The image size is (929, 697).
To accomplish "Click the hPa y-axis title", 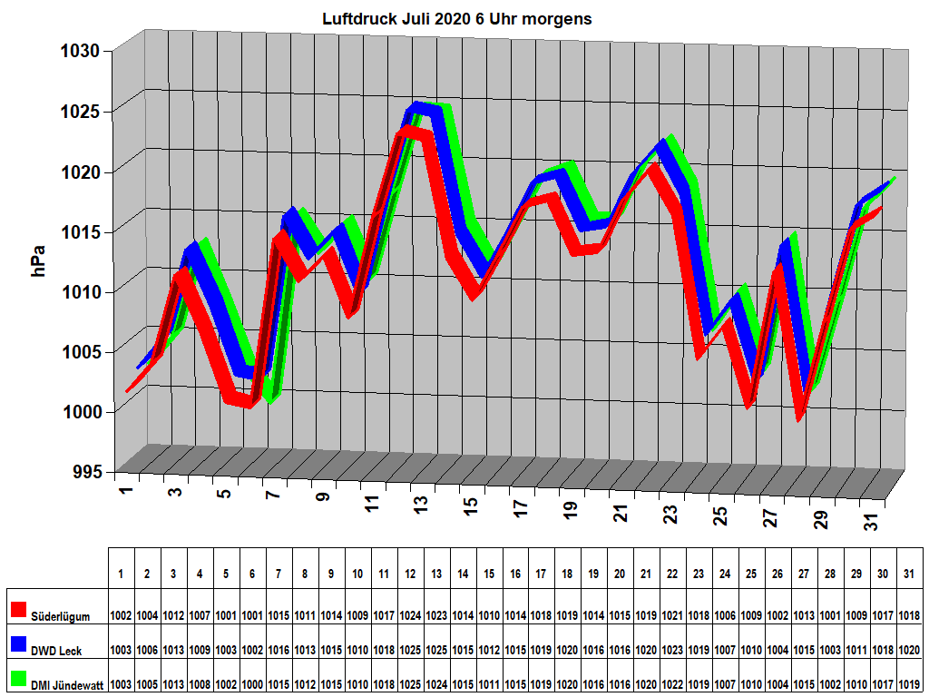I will pyautogui.click(x=39, y=260).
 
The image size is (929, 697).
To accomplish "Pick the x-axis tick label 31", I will pyautogui.click(x=872, y=521).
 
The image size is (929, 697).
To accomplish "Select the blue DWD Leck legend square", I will pyautogui.click(x=18, y=644).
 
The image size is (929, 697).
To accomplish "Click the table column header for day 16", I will pyautogui.click(x=514, y=574).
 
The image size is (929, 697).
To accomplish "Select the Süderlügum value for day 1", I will pyautogui.click(x=121, y=615).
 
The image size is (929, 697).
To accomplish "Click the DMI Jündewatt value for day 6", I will pyautogui.click(x=252, y=684).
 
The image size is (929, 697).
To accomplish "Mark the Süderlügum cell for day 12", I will pyautogui.click(x=410, y=615).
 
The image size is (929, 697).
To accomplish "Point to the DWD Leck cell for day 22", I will pyautogui.click(x=672, y=650).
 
